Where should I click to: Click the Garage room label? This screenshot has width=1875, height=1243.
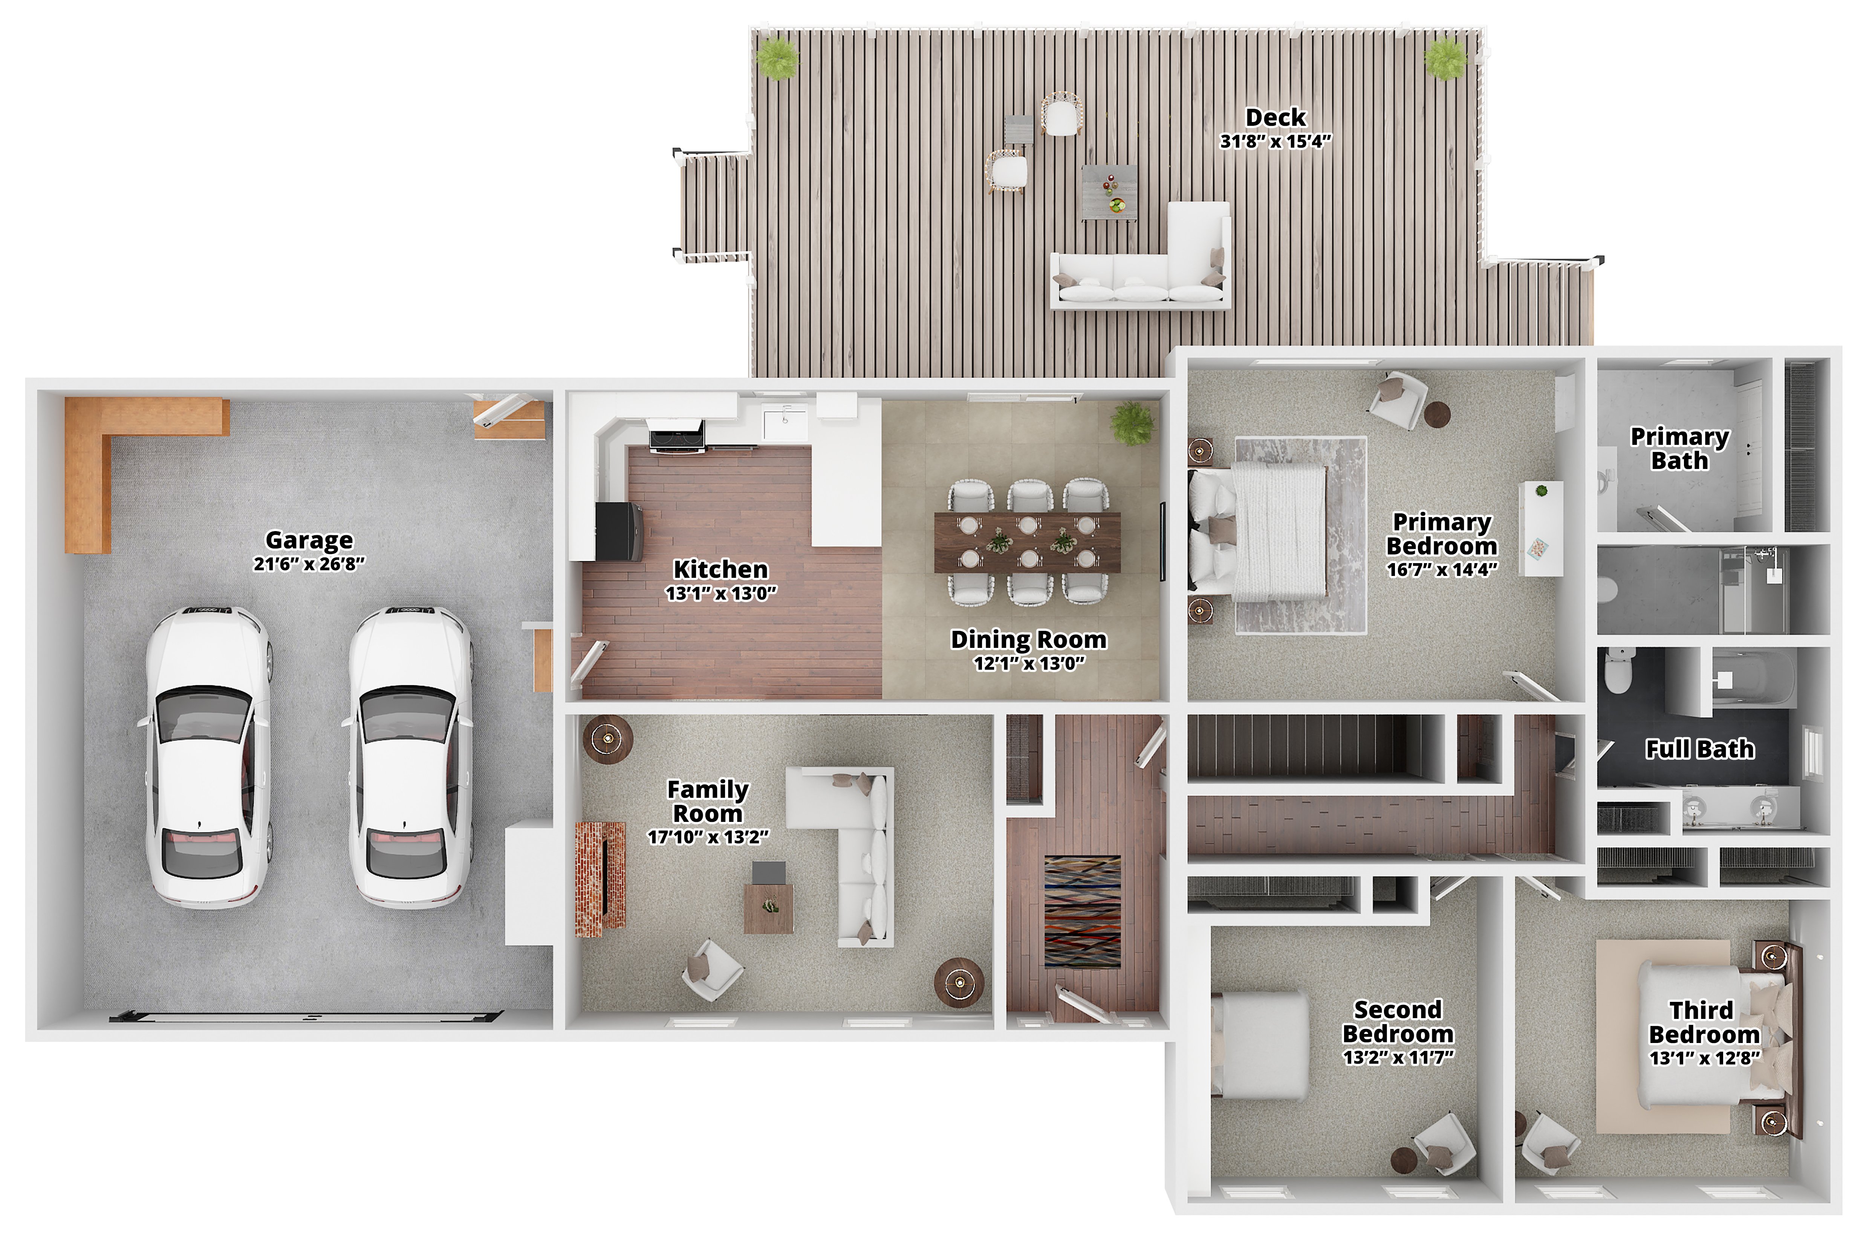(309, 540)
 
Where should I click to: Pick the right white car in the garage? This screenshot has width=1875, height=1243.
(409, 757)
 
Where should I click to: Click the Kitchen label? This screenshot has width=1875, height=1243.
(721, 569)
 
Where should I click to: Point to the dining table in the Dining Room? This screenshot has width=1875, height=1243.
(1028, 542)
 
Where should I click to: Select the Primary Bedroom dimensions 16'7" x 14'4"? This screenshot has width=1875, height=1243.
(1442, 569)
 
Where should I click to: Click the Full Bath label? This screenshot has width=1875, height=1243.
(1700, 749)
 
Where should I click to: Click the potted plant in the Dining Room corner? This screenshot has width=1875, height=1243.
(1132, 423)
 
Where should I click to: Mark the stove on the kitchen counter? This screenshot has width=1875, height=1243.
(676, 435)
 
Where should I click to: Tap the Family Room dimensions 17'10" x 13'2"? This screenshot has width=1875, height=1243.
(708, 837)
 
